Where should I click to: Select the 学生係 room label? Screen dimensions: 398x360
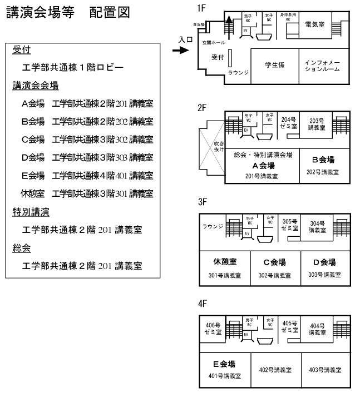[274, 65]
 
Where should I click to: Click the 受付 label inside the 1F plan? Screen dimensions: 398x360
[218, 57]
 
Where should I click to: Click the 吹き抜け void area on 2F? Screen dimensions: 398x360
[211, 147]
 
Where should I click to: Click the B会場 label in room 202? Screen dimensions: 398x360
[323, 160]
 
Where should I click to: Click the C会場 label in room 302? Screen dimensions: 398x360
[275, 262]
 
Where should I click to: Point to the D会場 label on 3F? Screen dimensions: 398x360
[324, 262]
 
